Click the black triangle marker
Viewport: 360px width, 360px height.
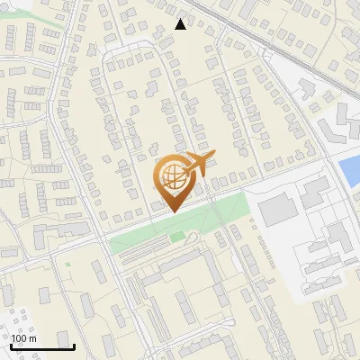[181, 24]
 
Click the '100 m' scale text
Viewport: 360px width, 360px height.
[24, 338]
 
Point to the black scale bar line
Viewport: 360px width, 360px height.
[42, 346]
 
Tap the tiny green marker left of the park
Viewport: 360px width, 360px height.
[67, 264]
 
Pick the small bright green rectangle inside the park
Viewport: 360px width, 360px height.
[175, 237]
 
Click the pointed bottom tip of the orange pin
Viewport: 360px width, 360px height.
[170, 211]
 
